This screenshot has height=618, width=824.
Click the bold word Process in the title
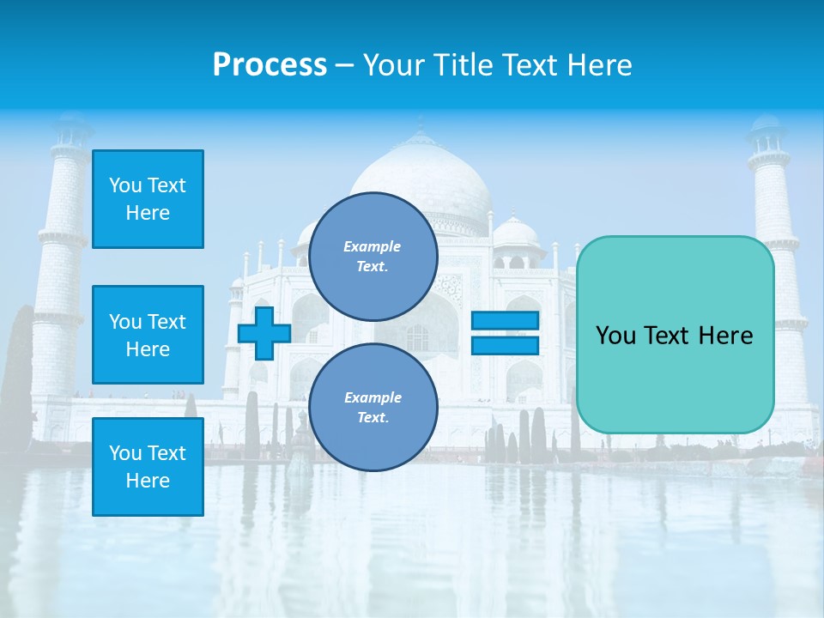pos(270,65)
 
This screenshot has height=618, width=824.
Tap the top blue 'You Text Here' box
pos(148,199)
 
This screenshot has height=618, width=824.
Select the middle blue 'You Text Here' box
pos(148,335)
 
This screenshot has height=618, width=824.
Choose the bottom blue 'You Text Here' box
pos(148,467)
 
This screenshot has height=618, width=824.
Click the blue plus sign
pos(264,333)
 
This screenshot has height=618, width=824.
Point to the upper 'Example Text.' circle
pos(373,257)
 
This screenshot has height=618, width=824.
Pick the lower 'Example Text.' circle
pos(373,408)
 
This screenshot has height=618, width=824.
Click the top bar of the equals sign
pos(505,321)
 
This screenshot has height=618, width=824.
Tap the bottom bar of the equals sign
pos(505,345)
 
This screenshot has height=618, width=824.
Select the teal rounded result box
pos(675,335)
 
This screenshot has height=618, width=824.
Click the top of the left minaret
pos(70,129)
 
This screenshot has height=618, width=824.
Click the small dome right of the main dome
pos(516,233)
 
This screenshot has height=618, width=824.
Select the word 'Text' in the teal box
pos(674,336)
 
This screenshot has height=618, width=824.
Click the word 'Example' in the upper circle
pos(372,247)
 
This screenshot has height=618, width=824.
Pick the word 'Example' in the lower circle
pos(373,398)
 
